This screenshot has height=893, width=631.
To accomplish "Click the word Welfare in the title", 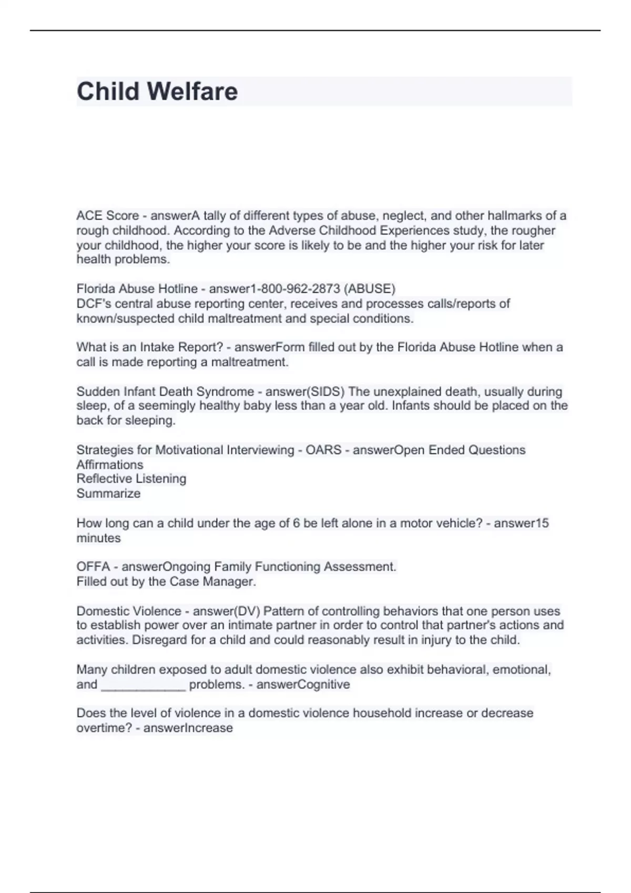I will point(192,91).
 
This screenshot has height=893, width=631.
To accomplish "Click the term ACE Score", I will point(107,216).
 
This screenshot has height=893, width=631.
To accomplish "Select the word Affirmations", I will point(109,465).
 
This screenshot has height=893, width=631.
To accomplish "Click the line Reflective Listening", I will point(131,479).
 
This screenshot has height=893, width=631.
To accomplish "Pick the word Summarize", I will point(108,494).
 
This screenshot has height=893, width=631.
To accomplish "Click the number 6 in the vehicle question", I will point(297,523).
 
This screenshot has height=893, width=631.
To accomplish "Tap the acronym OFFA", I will point(93,567).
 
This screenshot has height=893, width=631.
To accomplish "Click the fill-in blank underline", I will point(143,686).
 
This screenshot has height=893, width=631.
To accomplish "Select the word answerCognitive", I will point(303,684).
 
